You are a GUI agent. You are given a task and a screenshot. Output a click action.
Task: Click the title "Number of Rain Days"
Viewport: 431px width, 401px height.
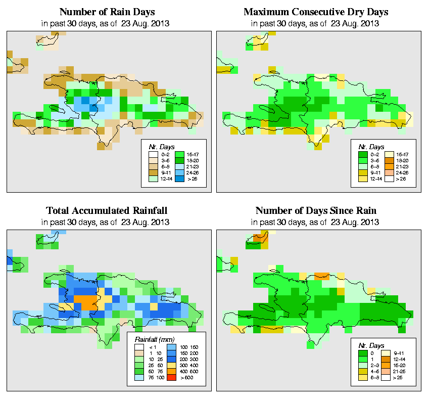[107, 12]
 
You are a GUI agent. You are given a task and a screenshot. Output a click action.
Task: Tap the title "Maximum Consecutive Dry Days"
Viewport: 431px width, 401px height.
[316, 12]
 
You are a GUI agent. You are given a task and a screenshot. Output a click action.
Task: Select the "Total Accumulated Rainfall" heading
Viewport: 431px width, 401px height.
[107, 210]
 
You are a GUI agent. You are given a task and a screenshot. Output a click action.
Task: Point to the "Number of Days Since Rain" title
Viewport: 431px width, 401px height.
[316, 210]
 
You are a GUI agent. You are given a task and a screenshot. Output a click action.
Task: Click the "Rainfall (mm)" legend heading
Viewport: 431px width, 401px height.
[155, 339]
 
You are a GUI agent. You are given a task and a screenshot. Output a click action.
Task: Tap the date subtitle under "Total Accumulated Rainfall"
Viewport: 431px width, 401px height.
[107, 221]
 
